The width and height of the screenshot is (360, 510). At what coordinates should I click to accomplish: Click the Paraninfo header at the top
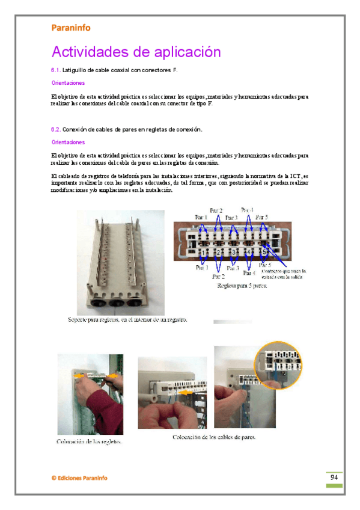pyautogui.click(x=71, y=27)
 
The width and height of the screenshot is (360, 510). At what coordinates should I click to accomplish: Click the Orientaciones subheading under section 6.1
pyautogui.click(x=68, y=83)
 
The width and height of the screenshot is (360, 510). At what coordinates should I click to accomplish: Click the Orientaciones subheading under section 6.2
pyautogui.click(x=68, y=143)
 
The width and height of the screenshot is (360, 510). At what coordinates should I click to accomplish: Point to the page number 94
pyautogui.click(x=334, y=477)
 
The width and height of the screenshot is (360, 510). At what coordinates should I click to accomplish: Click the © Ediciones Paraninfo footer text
pyautogui.click(x=79, y=478)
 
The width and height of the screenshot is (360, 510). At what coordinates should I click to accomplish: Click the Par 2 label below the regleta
pyautogui.click(x=219, y=277)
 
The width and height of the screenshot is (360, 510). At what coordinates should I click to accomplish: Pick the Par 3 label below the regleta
pyautogui.click(x=232, y=268)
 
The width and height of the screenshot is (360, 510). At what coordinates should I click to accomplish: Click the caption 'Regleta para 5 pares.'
pyautogui.click(x=242, y=286)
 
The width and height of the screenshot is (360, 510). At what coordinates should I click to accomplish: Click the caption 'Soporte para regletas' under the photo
pyautogui.click(x=127, y=320)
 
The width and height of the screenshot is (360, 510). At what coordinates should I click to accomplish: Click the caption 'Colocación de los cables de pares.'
pyautogui.click(x=214, y=437)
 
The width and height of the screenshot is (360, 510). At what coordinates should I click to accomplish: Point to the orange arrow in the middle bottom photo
pyautogui.click(x=187, y=392)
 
